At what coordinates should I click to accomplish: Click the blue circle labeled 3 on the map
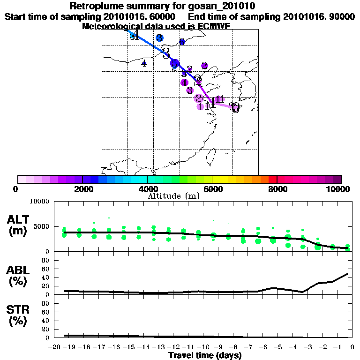click(x=159, y=38)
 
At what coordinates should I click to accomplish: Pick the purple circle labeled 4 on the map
click(x=185, y=82)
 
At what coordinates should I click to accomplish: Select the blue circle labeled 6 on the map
click(x=182, y=42)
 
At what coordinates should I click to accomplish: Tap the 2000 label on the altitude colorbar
click(x=82, y=189)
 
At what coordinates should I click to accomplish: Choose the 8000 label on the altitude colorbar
click(x=277, y=189)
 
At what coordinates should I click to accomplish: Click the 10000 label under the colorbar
click(x=338, y=189)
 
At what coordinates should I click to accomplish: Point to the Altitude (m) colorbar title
click(x=173, y=195)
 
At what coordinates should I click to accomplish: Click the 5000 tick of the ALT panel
click(x=43, y=226)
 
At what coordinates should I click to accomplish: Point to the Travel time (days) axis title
click(x=204, y=355)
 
